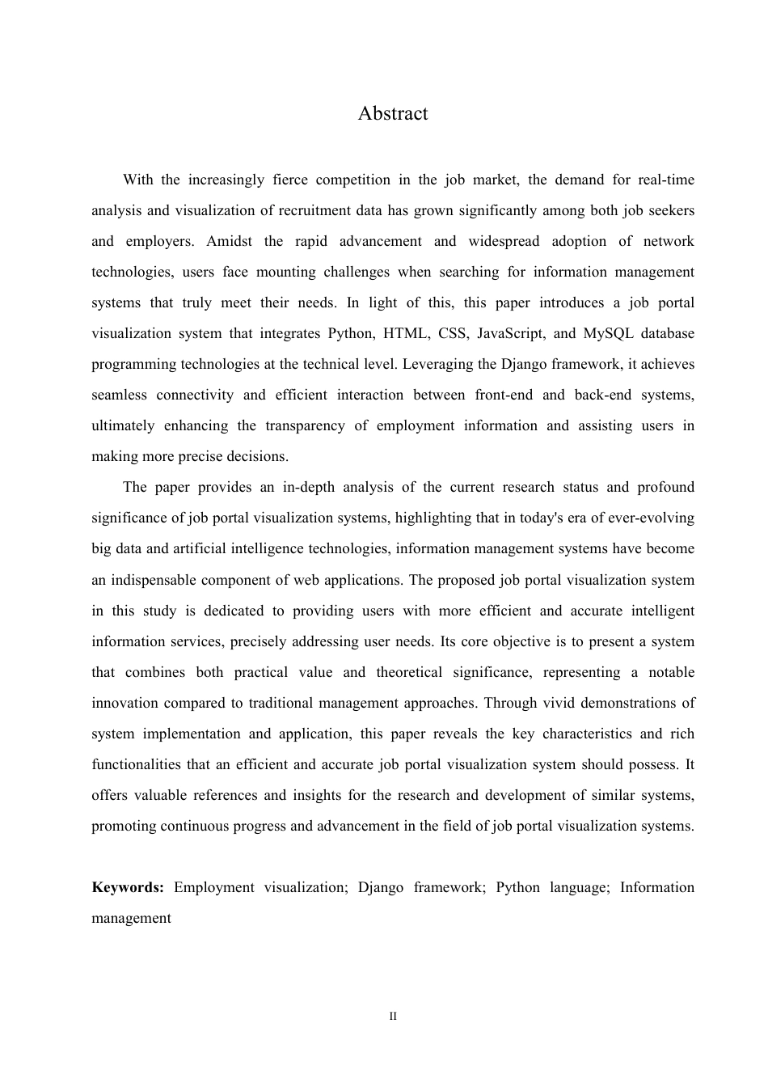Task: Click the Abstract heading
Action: (x=393, y=113)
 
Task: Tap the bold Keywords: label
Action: (x=128, y=887)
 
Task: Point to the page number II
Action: (x=393, y=1017)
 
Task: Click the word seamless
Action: (x=119, y=395)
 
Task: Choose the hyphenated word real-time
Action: (x=666, y=180)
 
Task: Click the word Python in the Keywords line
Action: (x=517, y=887)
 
